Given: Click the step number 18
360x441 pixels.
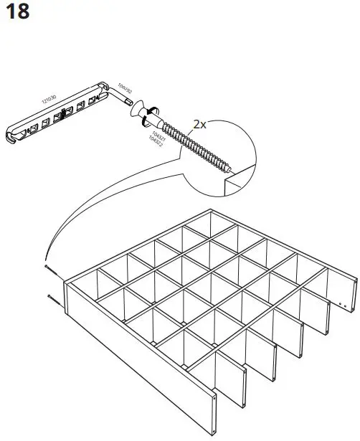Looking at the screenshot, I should click(17, 12).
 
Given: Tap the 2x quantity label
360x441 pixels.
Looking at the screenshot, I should click(200, 123).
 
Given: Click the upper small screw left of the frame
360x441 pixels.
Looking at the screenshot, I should click(48, 267).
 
